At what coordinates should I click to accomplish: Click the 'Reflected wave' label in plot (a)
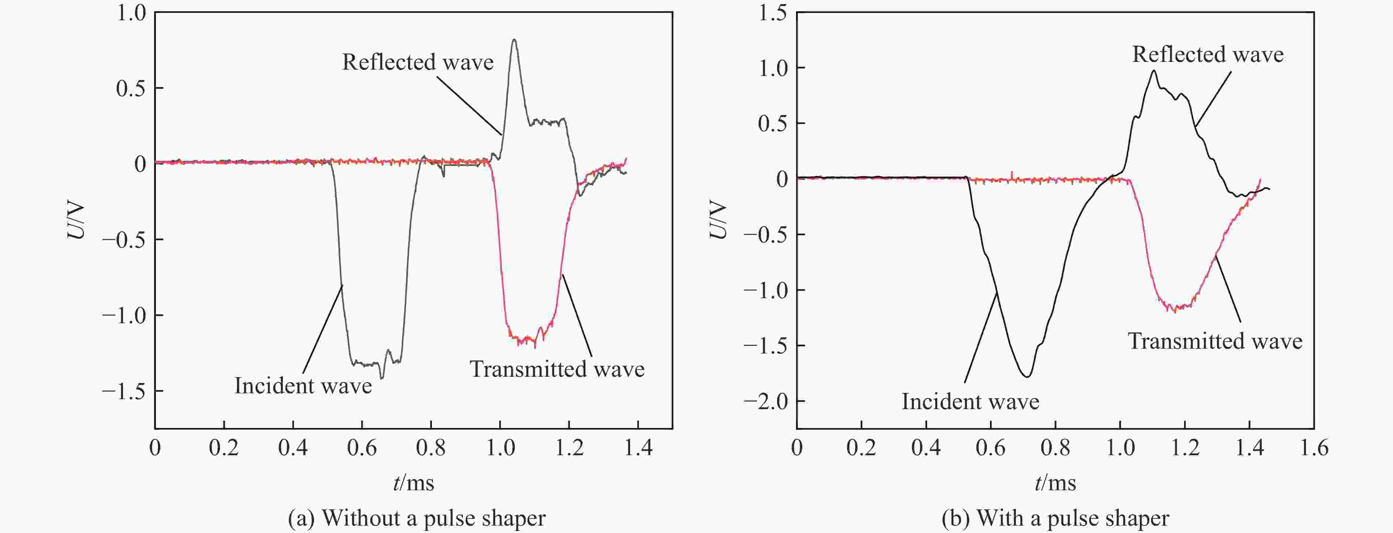[x=418, y=62]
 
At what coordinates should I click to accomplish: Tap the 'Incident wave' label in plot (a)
[x=303, y=386]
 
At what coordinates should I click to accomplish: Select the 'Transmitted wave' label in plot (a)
[x=557, y=369]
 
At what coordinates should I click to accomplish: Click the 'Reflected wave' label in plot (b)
[x=1208, y=54]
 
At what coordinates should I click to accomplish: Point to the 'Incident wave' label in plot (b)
[x=970, y=401]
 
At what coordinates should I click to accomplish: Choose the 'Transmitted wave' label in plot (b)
[x=1215, y=341]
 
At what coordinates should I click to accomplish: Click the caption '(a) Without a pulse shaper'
[x=416, y=518]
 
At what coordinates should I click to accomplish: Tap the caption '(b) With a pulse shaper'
[x=1055, y=518]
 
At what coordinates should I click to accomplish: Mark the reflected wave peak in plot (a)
[x=514, y=40]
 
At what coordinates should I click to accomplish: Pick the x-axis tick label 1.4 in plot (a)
[x=638, y=448]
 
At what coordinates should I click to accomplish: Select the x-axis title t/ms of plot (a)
[x=414, y=483]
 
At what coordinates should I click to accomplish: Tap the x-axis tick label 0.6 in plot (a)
[x=362, y=448]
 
